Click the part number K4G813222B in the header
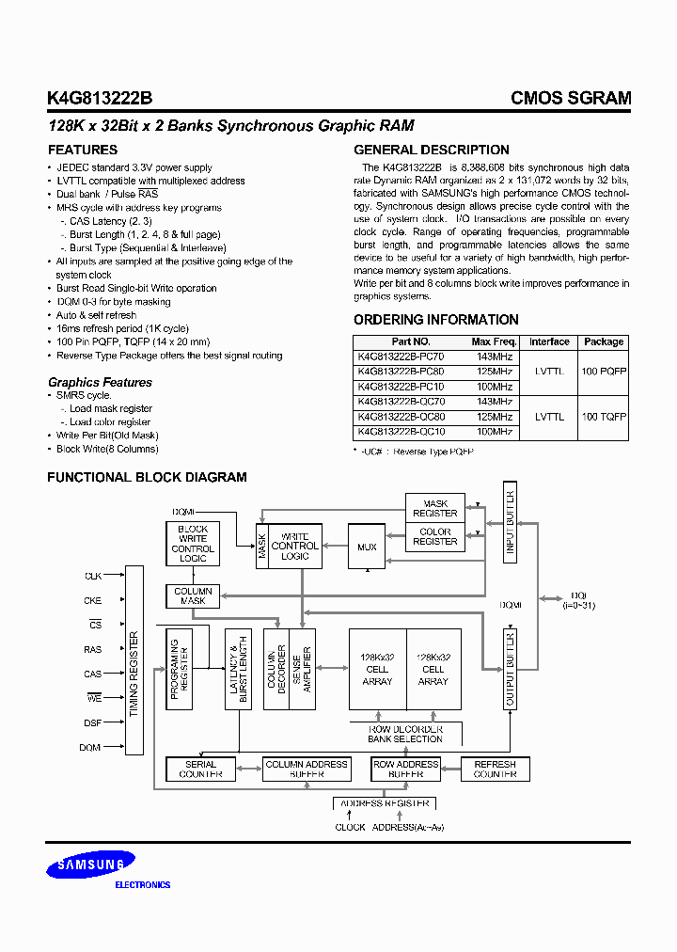pyautogui.click(x=98, y=98)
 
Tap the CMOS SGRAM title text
pyautogui.click(x=571, y=98)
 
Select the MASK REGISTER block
pyautogui.click(x=435, y=509)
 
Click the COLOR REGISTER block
pyautogui.click(x=435, y=537)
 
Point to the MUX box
pyautogui.click(x=366, y=547)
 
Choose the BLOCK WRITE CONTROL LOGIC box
pyautogui.click(x=193, y=544)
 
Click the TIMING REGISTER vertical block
pyautogui.click(x=134, y=659)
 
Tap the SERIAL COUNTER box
pyautogui.click(x=200, y=770)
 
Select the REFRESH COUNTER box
pyautogui.click(x=495, y=770)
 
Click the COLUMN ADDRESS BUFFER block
pyautogui.click(x=307, y=770)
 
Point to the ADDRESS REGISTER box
pyautogui.click(x=385, y=803)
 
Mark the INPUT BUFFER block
pyautogui.click(x=511, y=523)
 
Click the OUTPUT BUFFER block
pyautogui.click(x=511, y=669)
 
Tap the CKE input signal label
pyautogui.click(x=93, y=600)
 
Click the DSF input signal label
pyautogui.click(x=92, y=722)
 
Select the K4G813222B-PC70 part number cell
pyautogui.click(x=401, y=357)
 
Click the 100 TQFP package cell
pyautogui.click(x=604, y=416)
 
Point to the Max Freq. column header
pyautogui.click(x=494, y=341)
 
